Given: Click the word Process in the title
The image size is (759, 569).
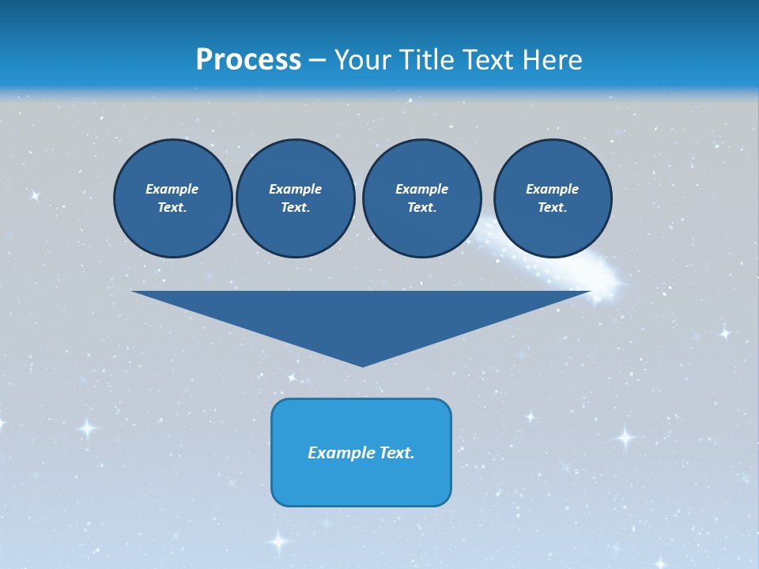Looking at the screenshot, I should click(x=248, y=60).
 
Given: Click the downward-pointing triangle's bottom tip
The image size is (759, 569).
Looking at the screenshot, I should click(x=362, y=364).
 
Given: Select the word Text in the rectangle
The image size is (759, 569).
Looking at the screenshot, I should click(x=396, y=453).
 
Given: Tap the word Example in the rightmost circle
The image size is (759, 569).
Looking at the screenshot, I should click(x=552, y=189).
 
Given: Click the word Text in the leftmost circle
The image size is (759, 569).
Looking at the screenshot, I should click(x=172, y=207).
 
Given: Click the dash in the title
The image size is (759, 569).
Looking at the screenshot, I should click(x=317, y=61).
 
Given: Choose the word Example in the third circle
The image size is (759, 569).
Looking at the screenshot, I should click(x=421, y=189).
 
